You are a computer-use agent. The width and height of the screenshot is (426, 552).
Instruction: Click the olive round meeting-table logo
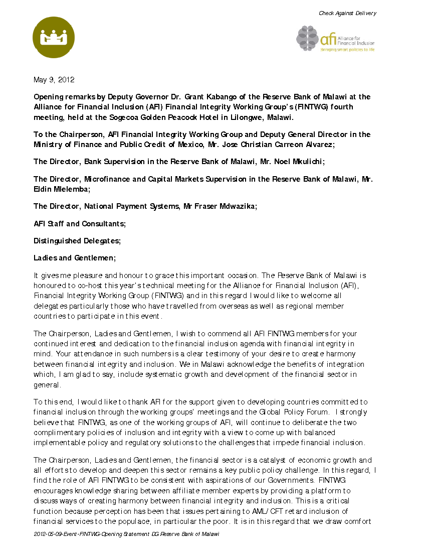54,38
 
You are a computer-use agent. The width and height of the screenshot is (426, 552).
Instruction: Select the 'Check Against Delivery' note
347,13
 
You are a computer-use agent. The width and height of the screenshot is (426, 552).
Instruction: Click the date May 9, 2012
54,80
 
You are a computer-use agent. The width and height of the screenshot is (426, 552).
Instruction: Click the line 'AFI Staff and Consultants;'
80,224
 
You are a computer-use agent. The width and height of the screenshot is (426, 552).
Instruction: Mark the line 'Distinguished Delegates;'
77,241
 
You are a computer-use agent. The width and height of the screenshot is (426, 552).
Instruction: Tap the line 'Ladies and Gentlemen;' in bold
75,258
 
